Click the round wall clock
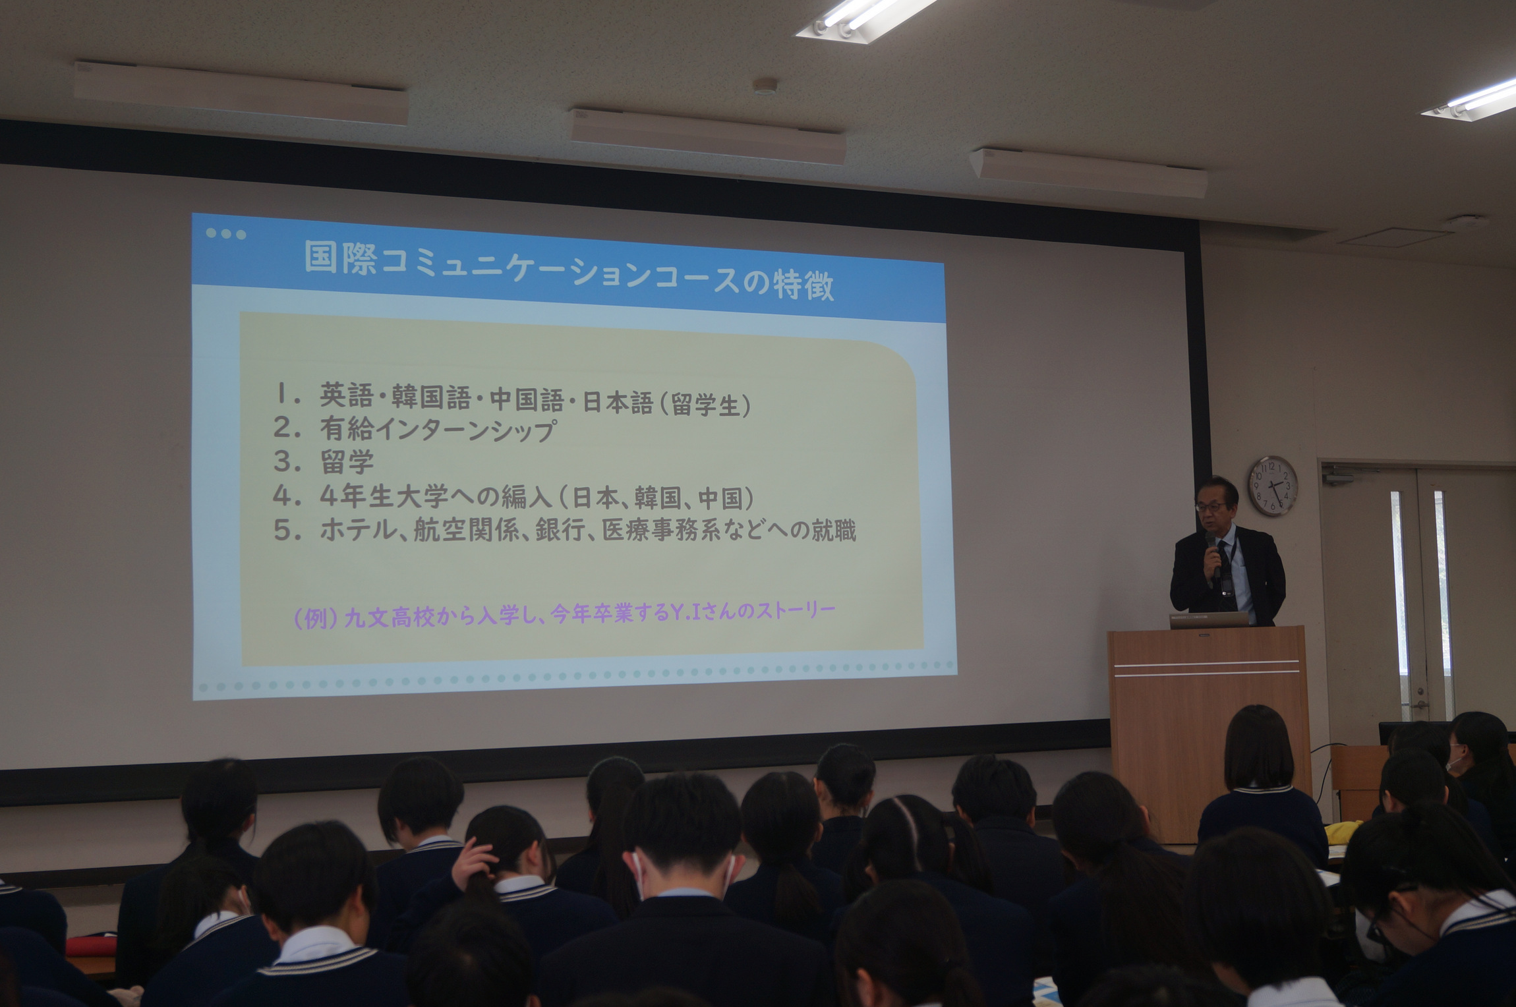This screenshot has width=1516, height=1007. click(x=1272, y=486)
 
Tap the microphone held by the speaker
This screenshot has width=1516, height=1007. click(x=1213, y=554)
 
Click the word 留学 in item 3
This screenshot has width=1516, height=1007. click(x=347, y=461)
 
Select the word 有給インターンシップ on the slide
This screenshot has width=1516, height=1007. click(x=438, y=429)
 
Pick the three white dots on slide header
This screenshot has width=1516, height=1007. click(x=225, y=233)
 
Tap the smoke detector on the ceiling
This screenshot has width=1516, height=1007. click(x=765, y=86)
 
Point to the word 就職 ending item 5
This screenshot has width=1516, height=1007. click(x=833, y=531)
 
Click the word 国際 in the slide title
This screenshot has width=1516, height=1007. click(x=340, y=257)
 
